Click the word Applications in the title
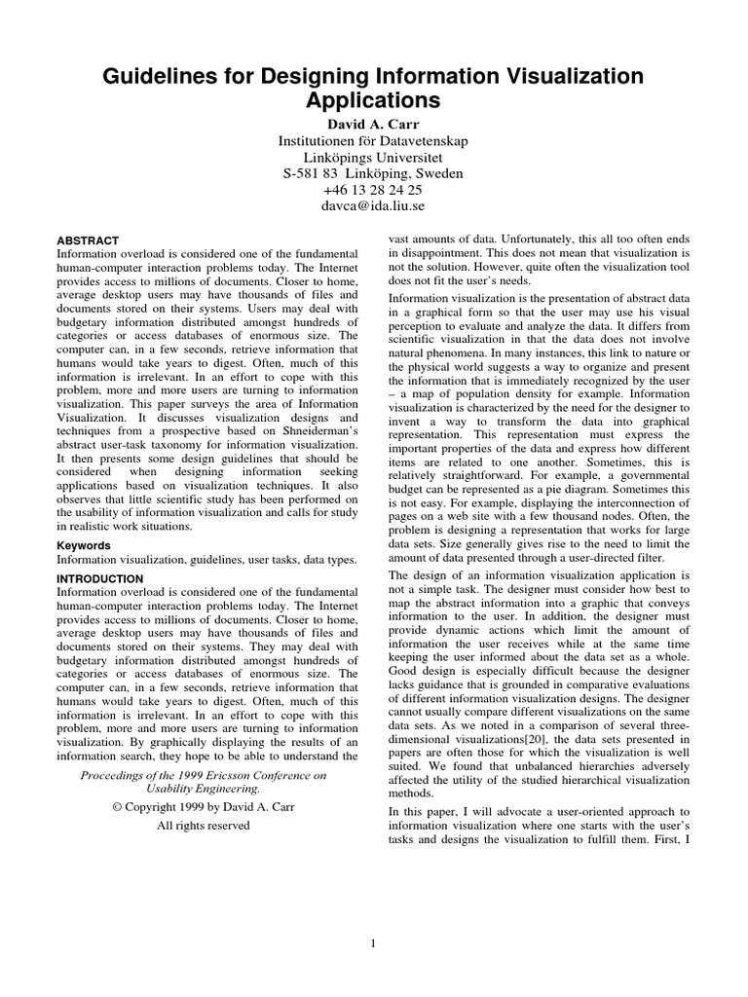pos(374,100)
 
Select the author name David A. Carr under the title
pos(373,124)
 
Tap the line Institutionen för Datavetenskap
pos(373,140)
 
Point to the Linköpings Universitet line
pos(373,157)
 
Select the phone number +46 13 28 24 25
pos(373,190)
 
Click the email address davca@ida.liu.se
pos(373,206)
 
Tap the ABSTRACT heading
pos(88,240)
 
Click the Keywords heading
pos(84,545)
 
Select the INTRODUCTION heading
pos(100,578)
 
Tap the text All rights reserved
pos(203,825)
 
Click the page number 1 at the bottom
pos(374,942)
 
